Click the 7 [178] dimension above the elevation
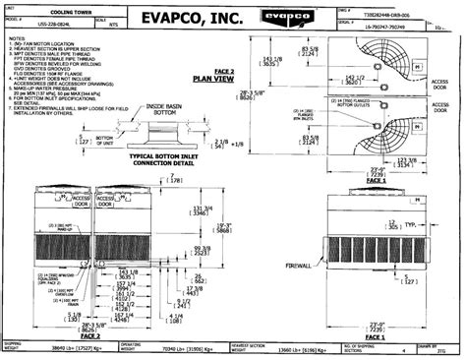point(175,179)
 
